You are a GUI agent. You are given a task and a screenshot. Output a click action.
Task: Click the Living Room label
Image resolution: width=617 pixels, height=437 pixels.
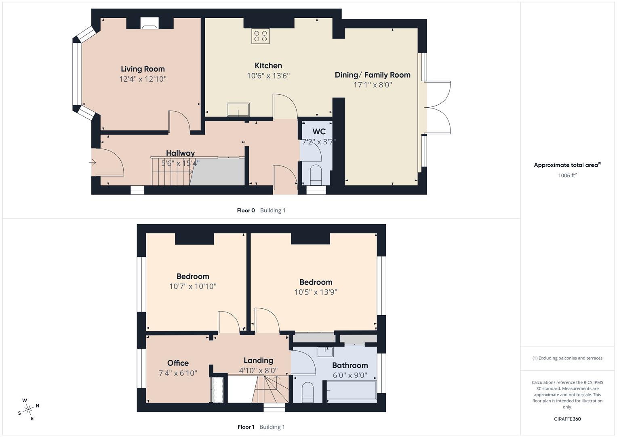click(x=143, y=69)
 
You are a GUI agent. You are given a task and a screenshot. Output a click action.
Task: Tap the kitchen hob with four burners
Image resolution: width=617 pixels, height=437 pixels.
click(x=260, y=36)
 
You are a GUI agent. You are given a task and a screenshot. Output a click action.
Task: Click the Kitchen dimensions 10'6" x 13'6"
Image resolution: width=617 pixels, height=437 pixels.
click(x=268, y=76)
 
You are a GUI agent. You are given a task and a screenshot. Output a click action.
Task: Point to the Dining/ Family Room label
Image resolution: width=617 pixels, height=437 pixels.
click(x=373, y=75)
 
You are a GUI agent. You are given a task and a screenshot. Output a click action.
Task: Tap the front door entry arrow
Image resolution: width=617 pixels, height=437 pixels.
click(x=93, y=163)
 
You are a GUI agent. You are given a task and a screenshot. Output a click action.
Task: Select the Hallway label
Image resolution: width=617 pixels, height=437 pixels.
click(x=180, y=153)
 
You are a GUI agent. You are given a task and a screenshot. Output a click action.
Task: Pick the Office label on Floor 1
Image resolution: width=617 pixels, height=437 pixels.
click(x=178, y=363)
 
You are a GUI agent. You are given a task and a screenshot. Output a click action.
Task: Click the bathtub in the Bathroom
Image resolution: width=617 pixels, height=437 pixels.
click(x=352, y=391)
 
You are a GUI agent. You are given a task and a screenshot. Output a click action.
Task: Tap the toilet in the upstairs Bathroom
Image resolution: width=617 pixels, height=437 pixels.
click(x=307, y=392)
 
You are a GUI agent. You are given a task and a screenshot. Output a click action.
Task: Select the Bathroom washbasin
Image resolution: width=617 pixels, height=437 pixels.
click(x=325, y=352)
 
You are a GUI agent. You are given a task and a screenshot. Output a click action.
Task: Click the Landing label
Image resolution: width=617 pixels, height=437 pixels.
click(x=258, y=361)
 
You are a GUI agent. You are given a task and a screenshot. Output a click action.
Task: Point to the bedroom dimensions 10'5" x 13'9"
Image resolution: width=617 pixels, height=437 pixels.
click(x=316, y=292)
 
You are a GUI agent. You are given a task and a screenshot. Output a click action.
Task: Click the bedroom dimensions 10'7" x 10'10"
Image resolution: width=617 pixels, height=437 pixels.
click(x=193, y=286)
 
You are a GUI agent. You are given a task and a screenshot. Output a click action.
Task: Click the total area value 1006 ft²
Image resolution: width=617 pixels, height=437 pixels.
click(x=567, y=175)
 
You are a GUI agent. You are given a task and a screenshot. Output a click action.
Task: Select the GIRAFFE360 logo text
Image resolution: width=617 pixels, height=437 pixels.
click(x=567, y=419)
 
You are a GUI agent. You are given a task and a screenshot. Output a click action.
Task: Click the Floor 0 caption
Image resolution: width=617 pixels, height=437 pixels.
click(x=246, y=210)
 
